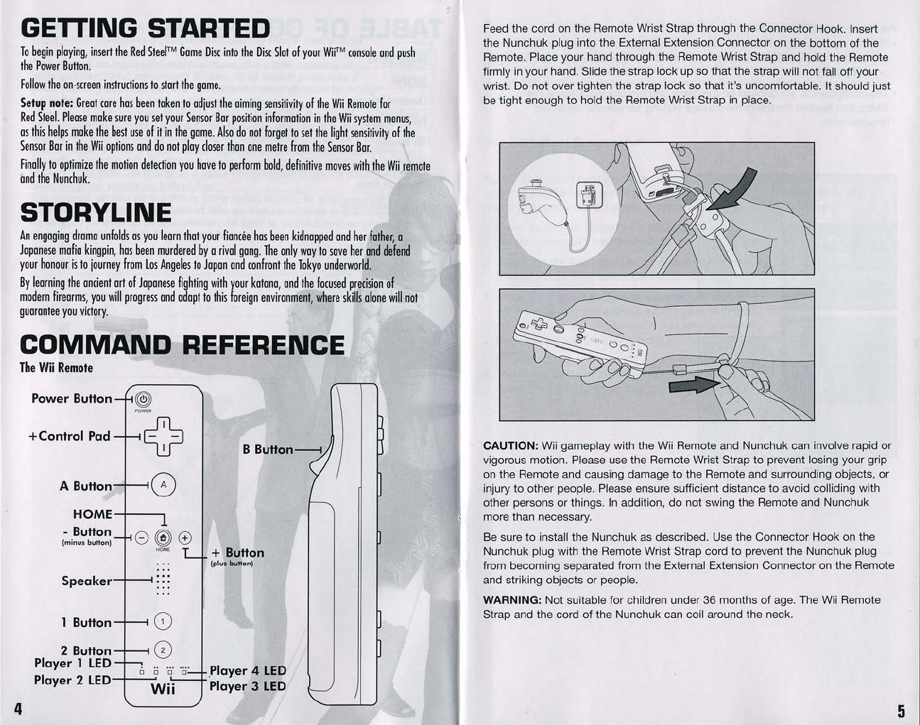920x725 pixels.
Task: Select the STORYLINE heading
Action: [x=96, y=212]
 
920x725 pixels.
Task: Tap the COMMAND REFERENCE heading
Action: [x=183, y=345]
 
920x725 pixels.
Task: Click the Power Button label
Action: [x=72, y=398]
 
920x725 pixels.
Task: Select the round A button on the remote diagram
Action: [x=163, y=485]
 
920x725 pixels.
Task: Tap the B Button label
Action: [x=267, y=449]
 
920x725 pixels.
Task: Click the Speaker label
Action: [x=87, y=581]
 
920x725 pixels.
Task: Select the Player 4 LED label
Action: [x=248, y=670]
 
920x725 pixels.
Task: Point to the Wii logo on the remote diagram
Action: [x=163, y=689]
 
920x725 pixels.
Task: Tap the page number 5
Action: [x=901, y=710]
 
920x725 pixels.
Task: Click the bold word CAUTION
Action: [x=509, y=446]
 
